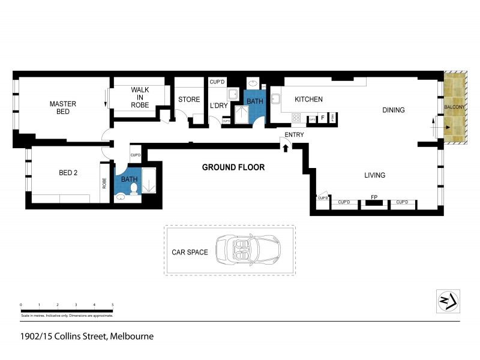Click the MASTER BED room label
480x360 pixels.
pos(62,107)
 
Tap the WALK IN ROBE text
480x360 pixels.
pos(140,97)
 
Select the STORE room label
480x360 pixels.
pos(188,100)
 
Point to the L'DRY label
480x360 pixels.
pos(218,106)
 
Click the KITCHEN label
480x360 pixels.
pos(308,100)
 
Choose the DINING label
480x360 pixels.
pos(394,110)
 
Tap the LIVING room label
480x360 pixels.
pos(374,175)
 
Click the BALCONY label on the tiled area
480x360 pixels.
pos(454,107)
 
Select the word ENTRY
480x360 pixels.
pos(294,135)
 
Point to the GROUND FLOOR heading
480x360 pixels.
pos(233,167)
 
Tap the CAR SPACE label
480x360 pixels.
pos(189,252)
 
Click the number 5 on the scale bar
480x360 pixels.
pos(112,305)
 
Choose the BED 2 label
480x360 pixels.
pos(68,173)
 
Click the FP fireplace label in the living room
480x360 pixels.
pos(374,197)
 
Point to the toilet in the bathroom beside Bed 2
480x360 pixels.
pos(134,190)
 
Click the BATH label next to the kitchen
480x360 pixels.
pos(255,101)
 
